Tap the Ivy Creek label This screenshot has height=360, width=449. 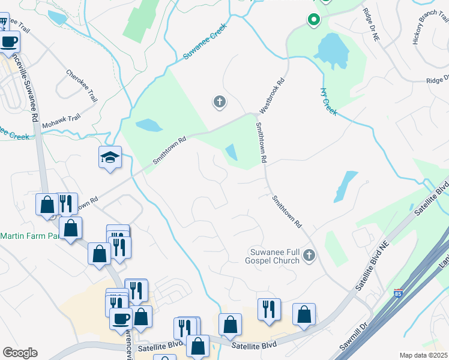[329, 102]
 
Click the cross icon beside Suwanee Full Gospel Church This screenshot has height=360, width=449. [309, 256]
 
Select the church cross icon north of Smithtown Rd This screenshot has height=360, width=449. [220, 102]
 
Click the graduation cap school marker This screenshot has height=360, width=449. [110, 158]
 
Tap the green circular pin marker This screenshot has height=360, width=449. [313, 20]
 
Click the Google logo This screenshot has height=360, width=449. [20, 353]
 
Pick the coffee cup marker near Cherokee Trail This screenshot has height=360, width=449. [9, 42]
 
